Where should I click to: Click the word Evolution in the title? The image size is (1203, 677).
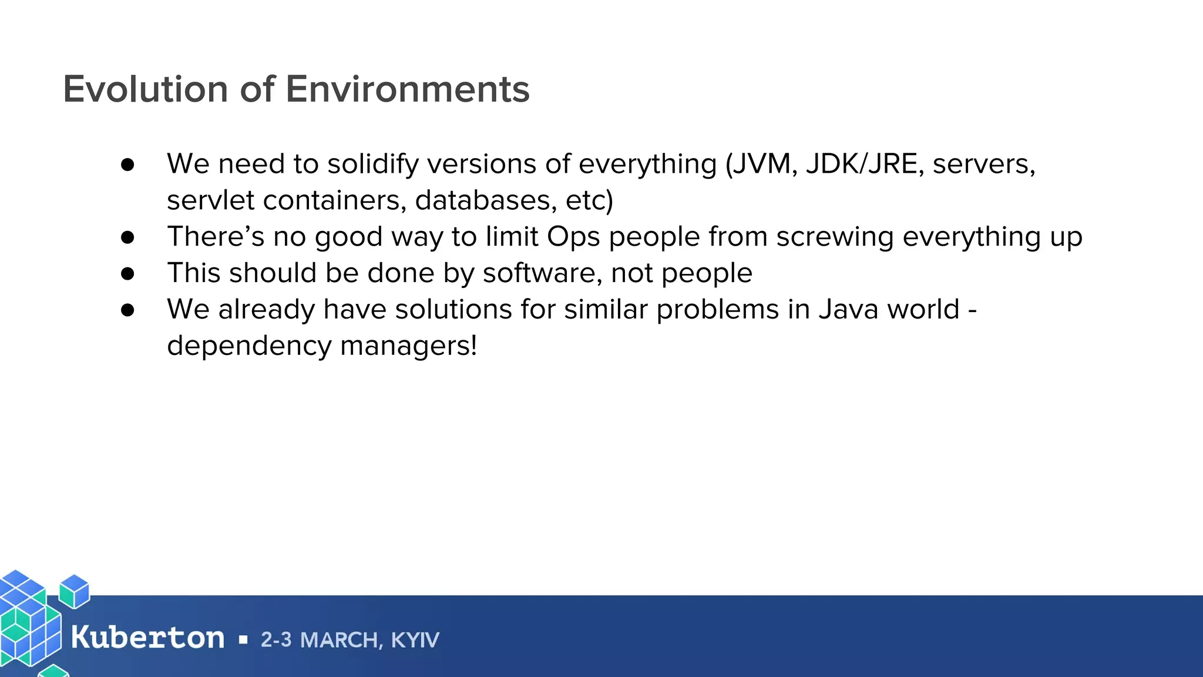pos(146,89)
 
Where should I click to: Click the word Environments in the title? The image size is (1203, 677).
pos(408,89)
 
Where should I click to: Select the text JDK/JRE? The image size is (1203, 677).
pos(862,163)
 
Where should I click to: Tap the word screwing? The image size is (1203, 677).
pos(835,236)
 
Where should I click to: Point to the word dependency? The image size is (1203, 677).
pos(249,346)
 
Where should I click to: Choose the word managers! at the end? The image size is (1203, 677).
pos(409,346)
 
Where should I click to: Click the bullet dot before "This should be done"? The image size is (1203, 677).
pos(127,273)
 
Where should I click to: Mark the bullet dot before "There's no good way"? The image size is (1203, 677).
pos(127,237)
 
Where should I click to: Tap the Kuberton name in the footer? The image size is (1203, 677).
pos(147,638)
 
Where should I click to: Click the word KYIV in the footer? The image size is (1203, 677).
pos(415,640)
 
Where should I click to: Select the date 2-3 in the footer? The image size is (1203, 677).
pos(276,640)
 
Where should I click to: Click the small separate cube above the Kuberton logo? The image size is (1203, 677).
pos(75,591)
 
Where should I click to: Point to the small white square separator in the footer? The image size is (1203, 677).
pos(243,640)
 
